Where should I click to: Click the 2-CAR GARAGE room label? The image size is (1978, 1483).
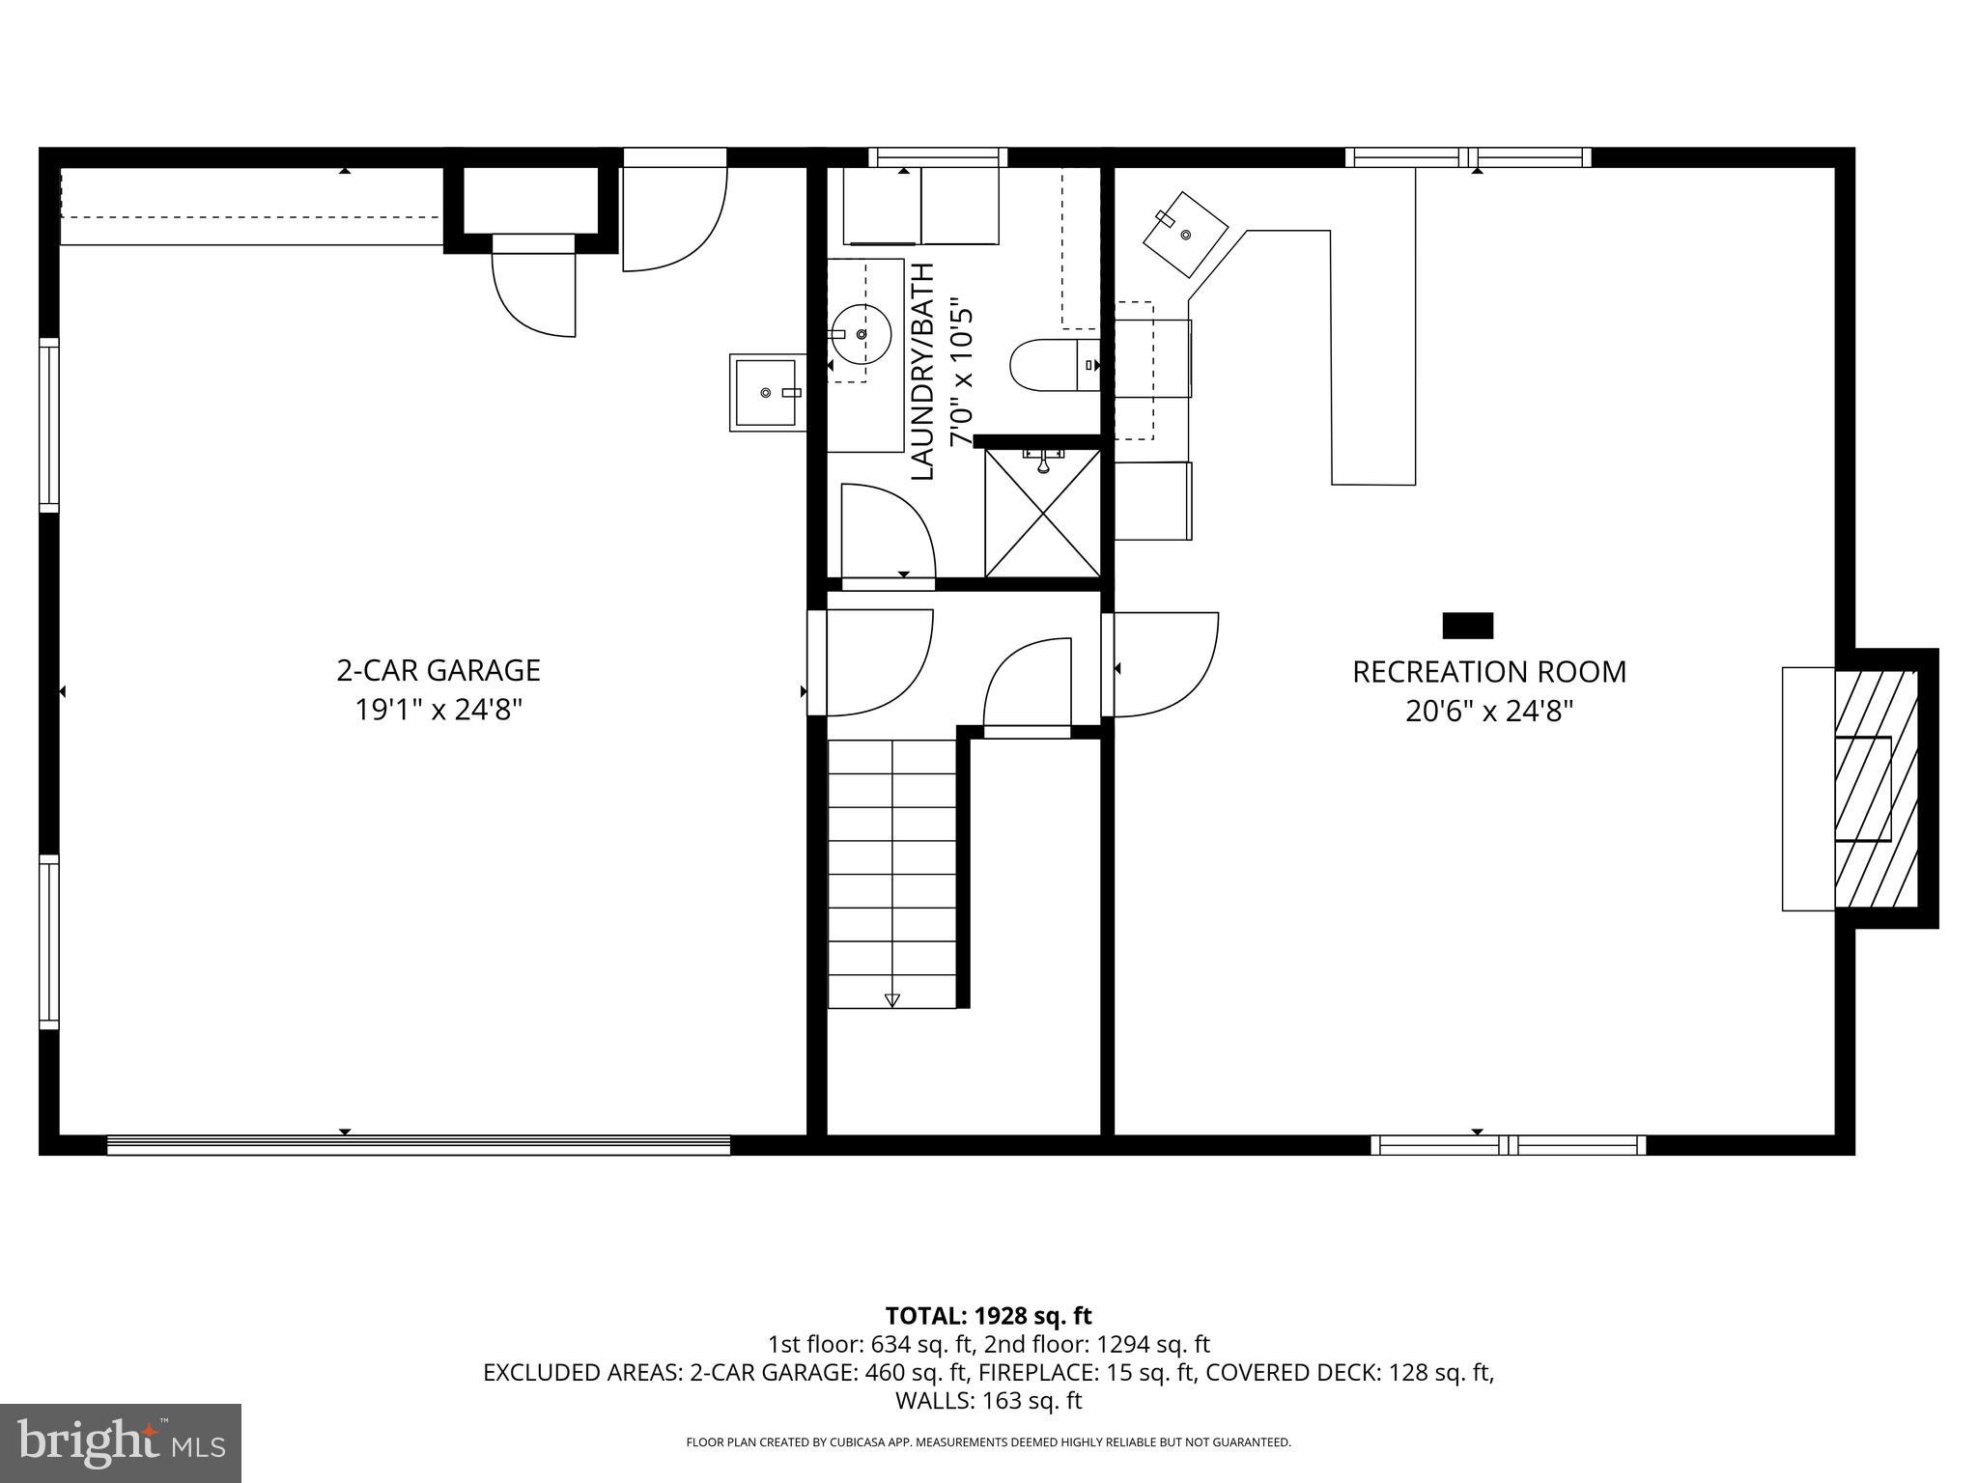coord(438,670)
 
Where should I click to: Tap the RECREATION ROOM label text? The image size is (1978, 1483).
coord(1488,672)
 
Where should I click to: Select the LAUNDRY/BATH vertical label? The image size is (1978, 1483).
coord(924,372)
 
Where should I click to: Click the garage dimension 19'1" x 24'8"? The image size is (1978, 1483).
coord(438,711)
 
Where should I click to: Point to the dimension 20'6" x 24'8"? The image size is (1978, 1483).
coord(1488,712)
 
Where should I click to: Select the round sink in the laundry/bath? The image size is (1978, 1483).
coord(859,334)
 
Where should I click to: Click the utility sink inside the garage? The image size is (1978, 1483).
coord(768,392)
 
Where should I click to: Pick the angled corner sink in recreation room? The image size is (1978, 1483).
coord(1185,235)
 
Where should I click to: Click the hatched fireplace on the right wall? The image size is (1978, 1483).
coord(1874,789)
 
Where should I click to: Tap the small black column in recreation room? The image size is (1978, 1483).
coord(1467,626)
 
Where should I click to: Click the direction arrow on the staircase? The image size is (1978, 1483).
coord(891,999)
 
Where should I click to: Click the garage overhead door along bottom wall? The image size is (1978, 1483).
coord(418,1145)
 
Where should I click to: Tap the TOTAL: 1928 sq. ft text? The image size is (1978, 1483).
coord(988,1316)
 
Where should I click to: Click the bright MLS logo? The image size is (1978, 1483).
coord(121,1443)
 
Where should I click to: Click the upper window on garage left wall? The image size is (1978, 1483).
coord(48,425)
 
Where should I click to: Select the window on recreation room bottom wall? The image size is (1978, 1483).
coord(1507,1145)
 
